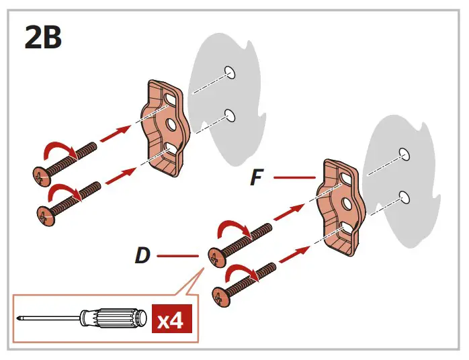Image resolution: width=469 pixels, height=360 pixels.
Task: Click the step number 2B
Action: pos(44,38)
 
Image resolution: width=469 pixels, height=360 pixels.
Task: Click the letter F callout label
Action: pos(256,178)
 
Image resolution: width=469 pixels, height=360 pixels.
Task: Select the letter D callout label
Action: pos(142,256)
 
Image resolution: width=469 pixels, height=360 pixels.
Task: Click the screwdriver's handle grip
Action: pos(114,318)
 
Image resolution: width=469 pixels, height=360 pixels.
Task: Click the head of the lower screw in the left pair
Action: pos(44,216)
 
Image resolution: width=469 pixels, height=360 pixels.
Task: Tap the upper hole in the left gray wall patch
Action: pos(230,72)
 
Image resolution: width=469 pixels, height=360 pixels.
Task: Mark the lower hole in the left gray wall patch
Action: pos(230,116)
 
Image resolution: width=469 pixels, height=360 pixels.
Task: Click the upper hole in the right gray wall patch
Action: pos(403,152)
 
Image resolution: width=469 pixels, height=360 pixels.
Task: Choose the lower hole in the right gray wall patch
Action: pos(404,196)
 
